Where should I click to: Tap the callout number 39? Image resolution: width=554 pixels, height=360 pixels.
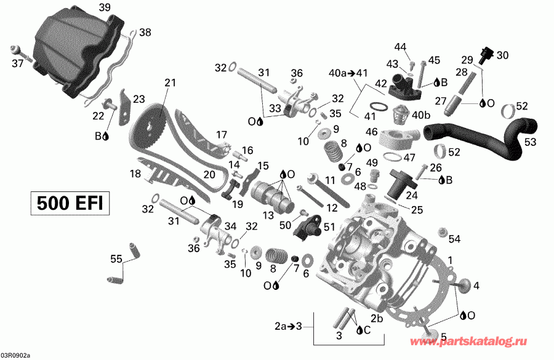coord(105,7)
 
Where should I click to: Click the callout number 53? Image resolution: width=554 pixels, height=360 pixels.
coord(530,142)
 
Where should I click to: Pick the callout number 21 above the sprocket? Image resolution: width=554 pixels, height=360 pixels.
coord(170,82)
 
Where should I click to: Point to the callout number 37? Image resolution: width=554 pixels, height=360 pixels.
coord(18,63)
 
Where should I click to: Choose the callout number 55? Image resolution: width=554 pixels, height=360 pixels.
coord(114,258)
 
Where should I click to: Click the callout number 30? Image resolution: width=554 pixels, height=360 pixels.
coord(503,55)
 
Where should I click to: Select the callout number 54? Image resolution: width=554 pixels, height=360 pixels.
coord(454,239)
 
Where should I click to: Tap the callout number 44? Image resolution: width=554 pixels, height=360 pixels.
coord(401,47)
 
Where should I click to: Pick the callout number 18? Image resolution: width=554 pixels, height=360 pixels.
coord(135,174)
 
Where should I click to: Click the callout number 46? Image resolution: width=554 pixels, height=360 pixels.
coord(371,132)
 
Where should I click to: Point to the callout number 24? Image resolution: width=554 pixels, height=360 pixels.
coord(411,196)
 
